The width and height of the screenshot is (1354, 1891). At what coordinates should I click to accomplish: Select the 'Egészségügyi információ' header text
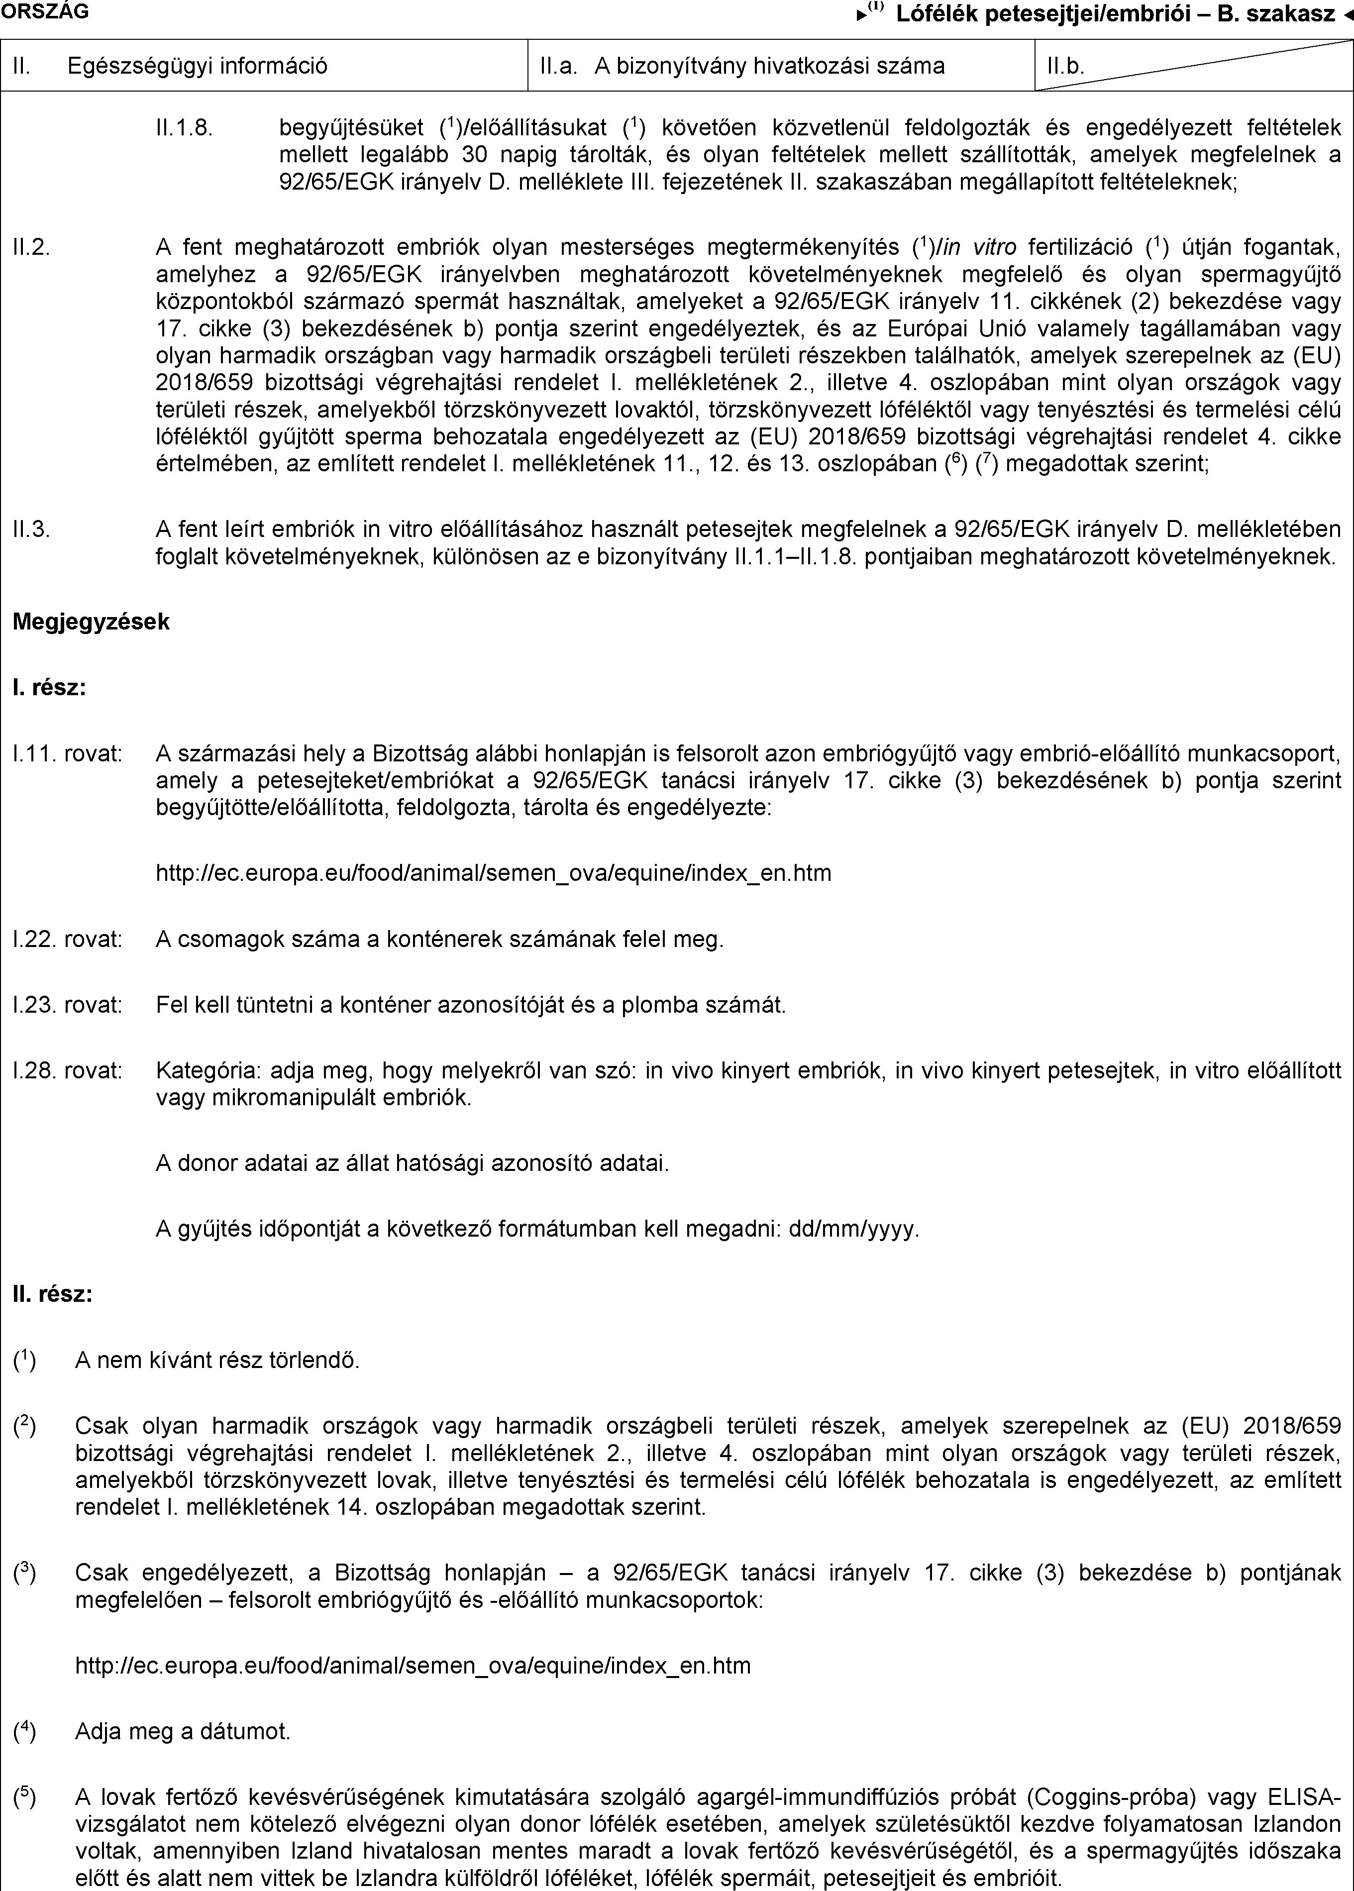click(198, 66)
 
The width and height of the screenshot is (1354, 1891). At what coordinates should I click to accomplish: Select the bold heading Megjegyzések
click(91, 621)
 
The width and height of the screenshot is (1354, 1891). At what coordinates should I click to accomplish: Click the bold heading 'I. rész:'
click(49, 688)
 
